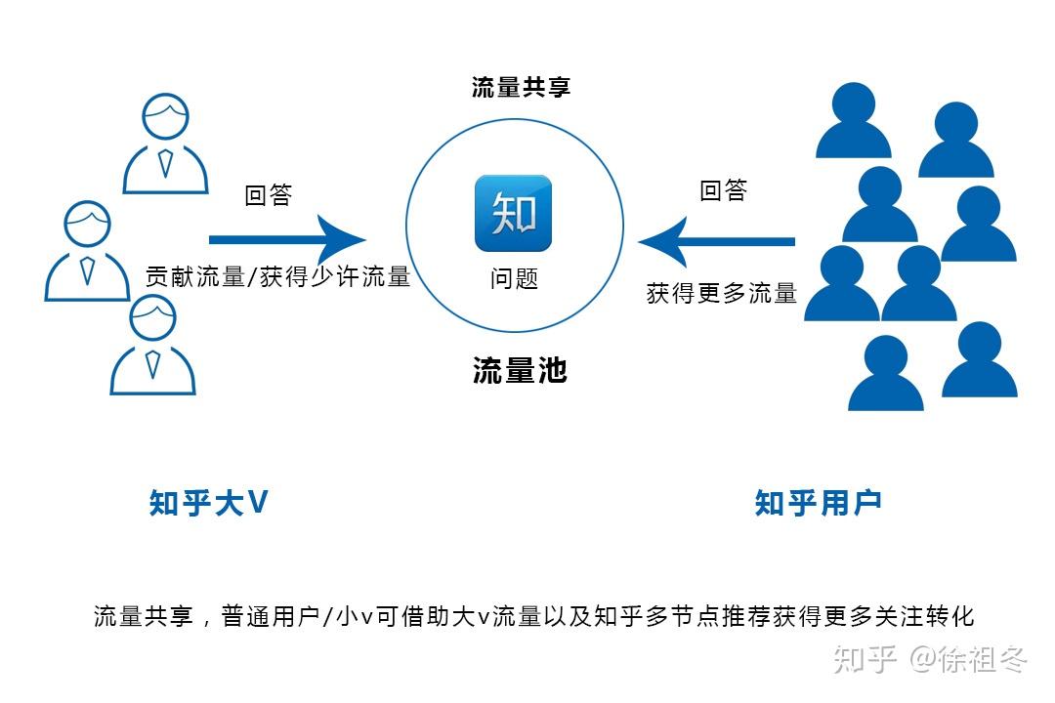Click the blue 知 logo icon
click(513, 213)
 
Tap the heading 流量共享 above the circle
click(521, 87)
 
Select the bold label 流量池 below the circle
click(520, 371)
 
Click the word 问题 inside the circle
click(514, 278)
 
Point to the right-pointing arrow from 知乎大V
click(287, 238)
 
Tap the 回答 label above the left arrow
click(269, 195)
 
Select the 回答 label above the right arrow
click(724, 190)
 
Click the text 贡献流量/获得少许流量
click(277, 276)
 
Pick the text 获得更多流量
click(722, 292)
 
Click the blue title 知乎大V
click(208, 502)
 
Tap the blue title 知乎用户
click(818, 502)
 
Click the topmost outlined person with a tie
click(165, 145)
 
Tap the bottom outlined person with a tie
click(152, 347)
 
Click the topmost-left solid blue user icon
click(854, 121)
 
